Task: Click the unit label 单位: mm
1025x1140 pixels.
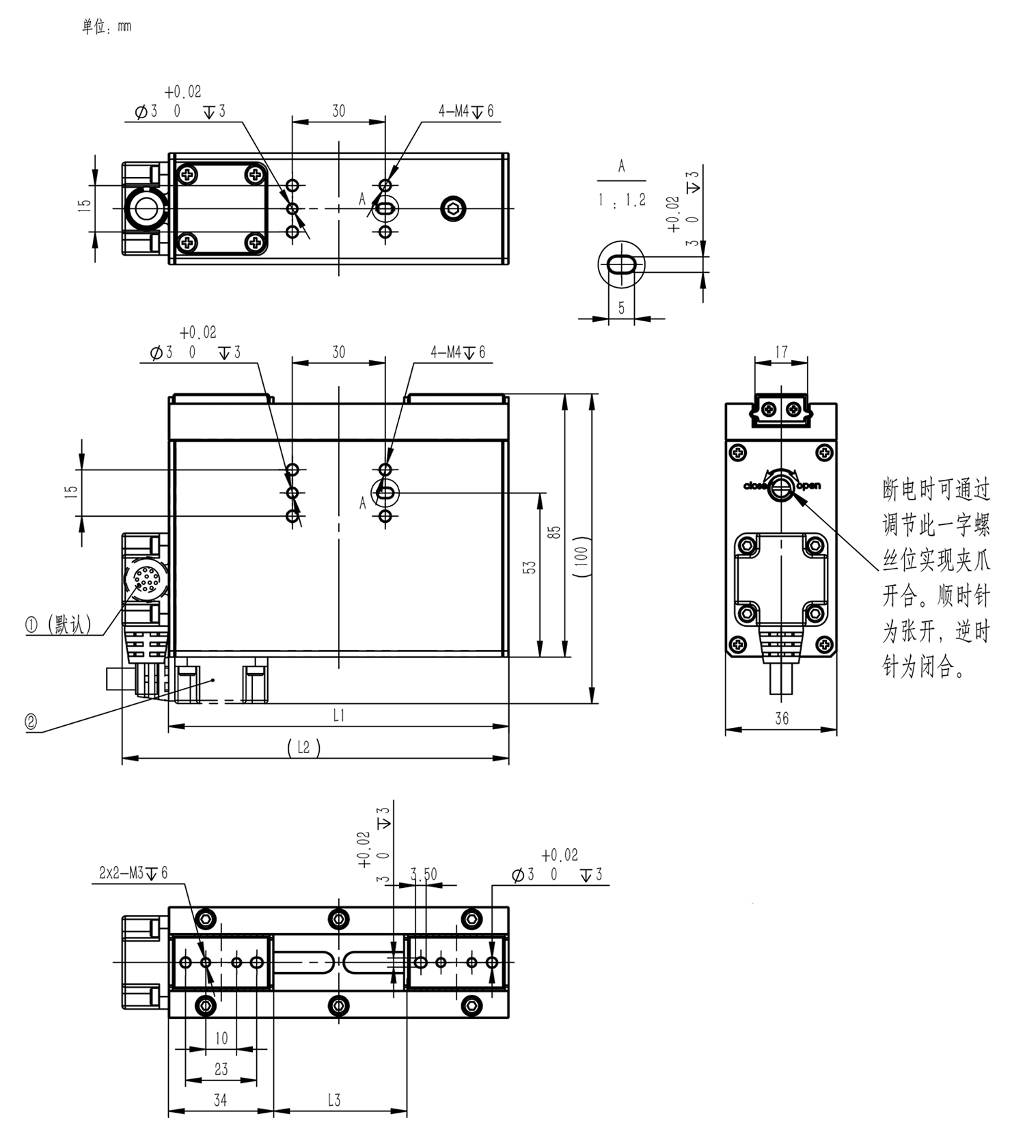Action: click(x=106, y=26)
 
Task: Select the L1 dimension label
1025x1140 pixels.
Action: click(x=339, y=715)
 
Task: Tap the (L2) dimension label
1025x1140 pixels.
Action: click(x=303, y=747)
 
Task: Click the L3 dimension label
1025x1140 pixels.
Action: click(x=333, y=1100)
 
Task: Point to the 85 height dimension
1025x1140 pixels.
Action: click(x=556, y=531)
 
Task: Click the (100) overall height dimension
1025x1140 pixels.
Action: click(x=582, y=557)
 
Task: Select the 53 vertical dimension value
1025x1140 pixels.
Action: click(x=530, y=567)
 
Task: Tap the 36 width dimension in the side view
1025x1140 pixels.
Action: click(x=782, y=718)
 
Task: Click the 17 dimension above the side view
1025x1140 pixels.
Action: click(x=782, y=351)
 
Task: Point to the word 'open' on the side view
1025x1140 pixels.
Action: click(x=809, y=486)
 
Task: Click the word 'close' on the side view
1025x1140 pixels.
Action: click(x=755, y=486)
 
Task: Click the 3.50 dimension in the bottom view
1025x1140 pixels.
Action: click(x=424, y=874)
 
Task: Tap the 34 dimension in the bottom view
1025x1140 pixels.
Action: click(x=220, y=1100)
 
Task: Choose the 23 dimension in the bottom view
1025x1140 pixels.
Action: click(x=221, y=1069)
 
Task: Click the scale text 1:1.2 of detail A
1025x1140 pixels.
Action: click(x=621, y=200)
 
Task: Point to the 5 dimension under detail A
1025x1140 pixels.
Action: click(x=621, y=308)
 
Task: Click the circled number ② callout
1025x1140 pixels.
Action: click(x=31, y=722)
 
